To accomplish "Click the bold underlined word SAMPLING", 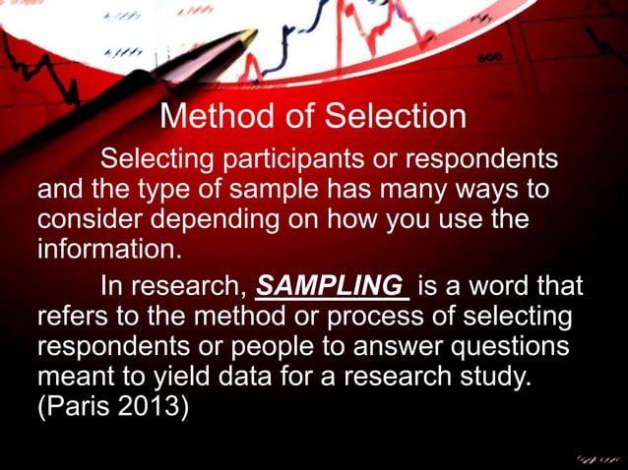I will click(331, 287).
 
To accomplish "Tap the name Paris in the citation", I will click(80, 405).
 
